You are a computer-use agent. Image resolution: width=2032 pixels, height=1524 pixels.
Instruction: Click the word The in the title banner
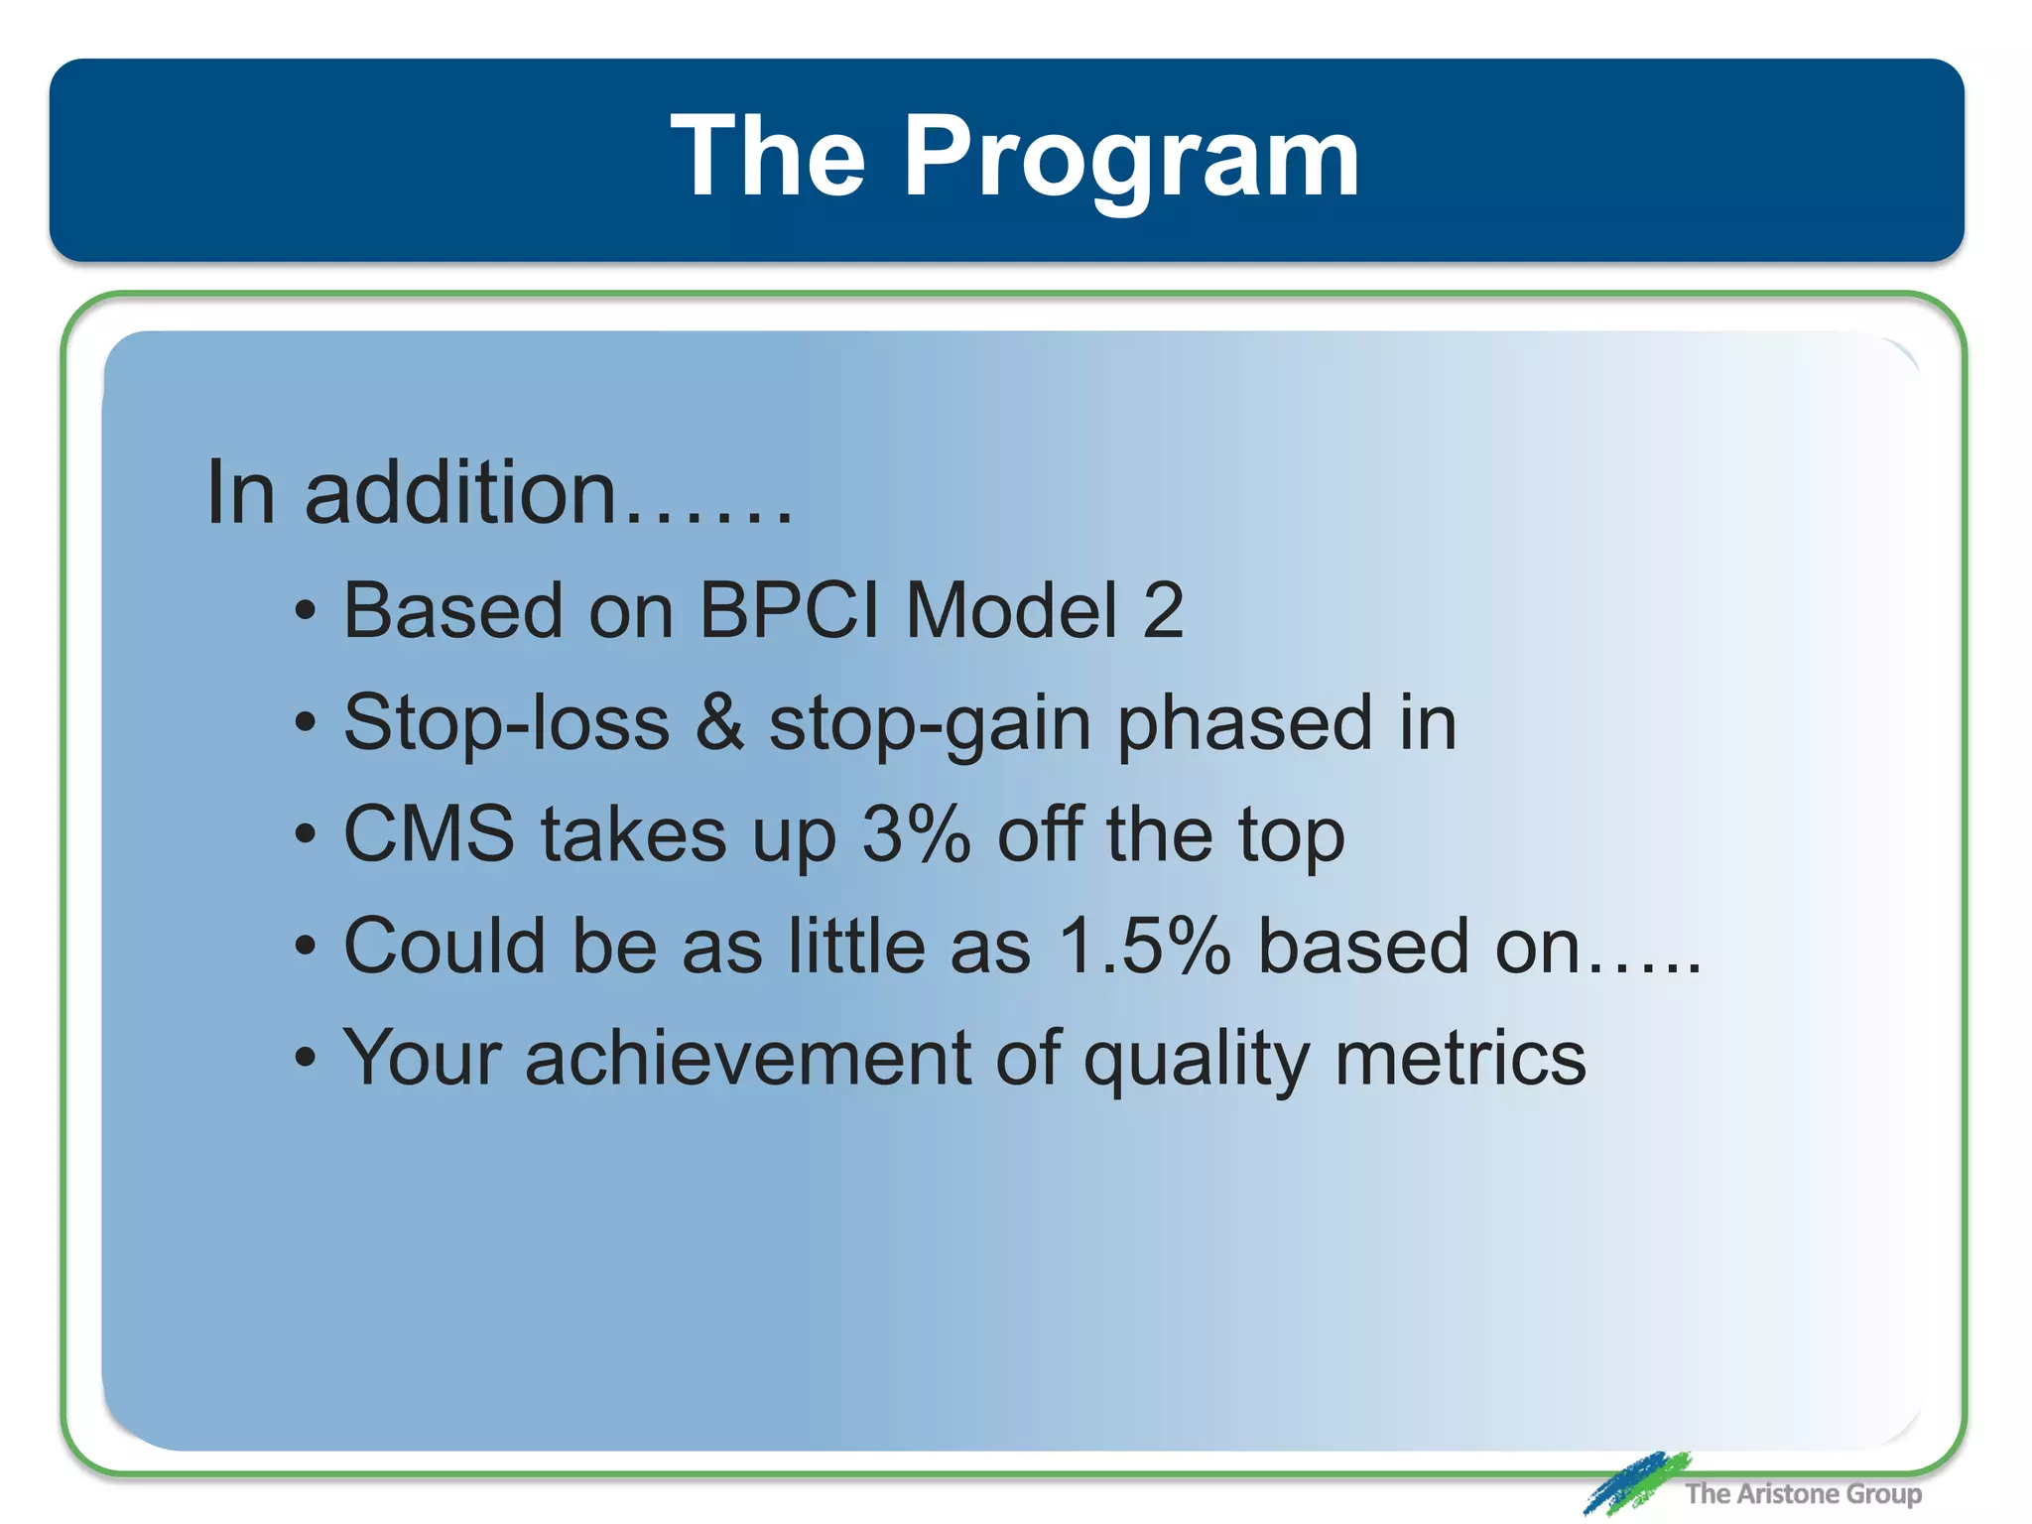point(768,156)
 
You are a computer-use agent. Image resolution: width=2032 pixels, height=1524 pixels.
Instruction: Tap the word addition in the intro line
point(461,493)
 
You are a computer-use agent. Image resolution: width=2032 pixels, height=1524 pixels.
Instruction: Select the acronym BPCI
point(789,610)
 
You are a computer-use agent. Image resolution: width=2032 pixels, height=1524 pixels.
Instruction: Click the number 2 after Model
point(1163,610)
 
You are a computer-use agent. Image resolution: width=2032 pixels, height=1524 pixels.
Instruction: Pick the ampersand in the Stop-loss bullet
point(719,722)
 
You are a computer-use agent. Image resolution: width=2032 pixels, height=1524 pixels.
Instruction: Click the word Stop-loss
point(507,722)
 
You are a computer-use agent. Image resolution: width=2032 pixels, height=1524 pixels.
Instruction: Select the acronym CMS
point(429,833)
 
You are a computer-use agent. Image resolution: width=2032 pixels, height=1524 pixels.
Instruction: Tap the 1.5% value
point(1144,946)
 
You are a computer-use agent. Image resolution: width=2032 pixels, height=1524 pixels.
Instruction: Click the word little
point(858,946)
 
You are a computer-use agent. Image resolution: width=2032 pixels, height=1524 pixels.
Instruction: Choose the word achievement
point(748,1058)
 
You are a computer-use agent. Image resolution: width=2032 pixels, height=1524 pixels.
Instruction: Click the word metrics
point(1460,1058)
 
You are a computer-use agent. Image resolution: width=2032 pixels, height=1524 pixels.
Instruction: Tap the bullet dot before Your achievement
point(306,1059)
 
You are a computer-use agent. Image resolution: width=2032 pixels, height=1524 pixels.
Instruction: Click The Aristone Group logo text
point(1803,1493)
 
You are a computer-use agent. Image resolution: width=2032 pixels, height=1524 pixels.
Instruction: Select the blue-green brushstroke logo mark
point(1635,1482)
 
